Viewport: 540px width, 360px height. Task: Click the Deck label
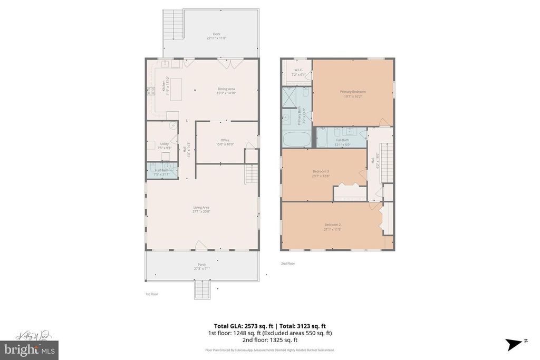pos(216,34)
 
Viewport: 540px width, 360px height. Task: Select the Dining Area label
pos(226,89)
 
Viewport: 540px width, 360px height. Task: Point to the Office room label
pos(225,140)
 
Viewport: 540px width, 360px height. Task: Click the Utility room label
pos(164,143)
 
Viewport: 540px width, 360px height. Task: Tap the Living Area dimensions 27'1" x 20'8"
pos(201,211)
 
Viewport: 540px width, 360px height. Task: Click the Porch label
pos(202,264)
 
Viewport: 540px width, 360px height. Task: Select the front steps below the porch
pos(202,289)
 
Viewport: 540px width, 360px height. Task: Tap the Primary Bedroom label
pos(353,91)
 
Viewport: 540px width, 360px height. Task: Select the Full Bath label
pos(343,140)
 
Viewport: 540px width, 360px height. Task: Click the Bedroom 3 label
pos(321,171)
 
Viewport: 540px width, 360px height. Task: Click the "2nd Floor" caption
pos(288,263)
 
